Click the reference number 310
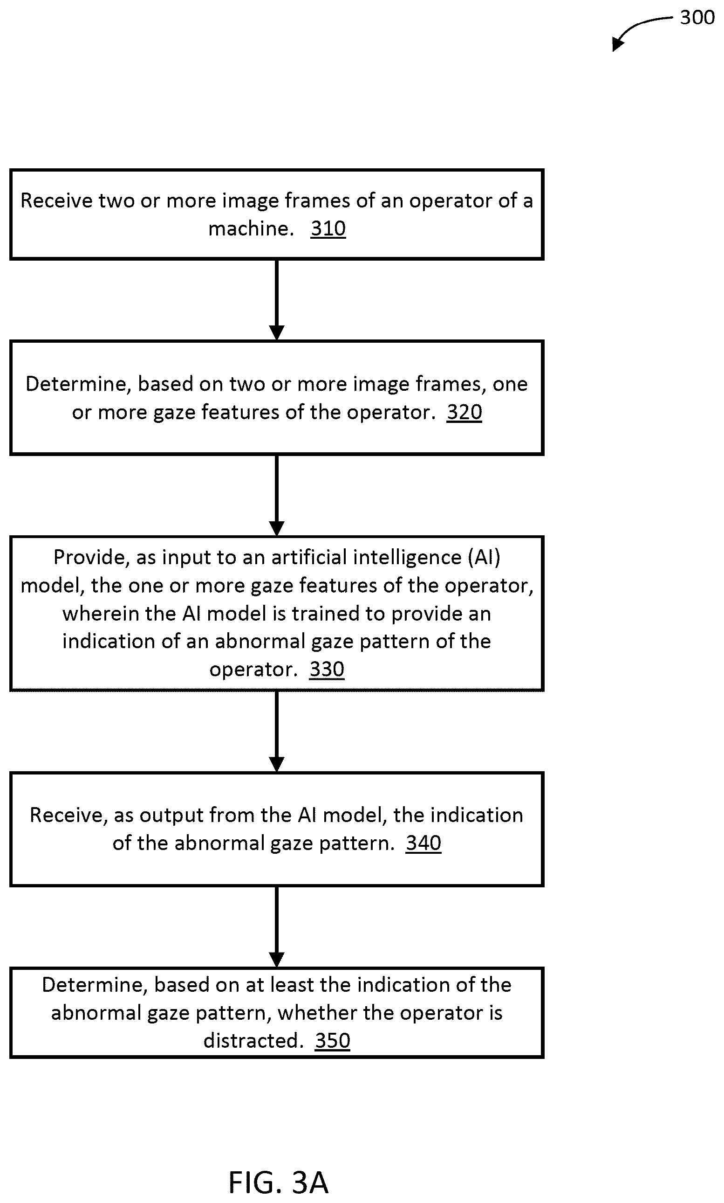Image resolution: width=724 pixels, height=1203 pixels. point(328,228)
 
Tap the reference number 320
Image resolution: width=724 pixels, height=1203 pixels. point(464,412)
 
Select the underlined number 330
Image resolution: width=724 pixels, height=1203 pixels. point(327,669)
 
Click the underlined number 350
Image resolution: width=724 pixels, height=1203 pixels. point(332,1040)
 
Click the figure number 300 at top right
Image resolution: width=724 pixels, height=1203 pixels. point(697,18)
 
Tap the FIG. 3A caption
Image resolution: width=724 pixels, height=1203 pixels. point(278,1182)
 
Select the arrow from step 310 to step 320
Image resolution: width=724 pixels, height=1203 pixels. point(277,300)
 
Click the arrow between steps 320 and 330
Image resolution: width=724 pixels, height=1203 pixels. point(277,496)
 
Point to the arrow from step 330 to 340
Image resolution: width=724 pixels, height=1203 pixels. point(277,732)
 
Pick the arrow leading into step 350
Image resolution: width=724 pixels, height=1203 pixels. point(277,926)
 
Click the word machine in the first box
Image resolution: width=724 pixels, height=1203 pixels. point(251,228)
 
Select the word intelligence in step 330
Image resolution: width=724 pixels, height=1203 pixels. point(407,558)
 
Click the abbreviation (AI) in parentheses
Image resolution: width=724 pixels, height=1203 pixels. point(485,558)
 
